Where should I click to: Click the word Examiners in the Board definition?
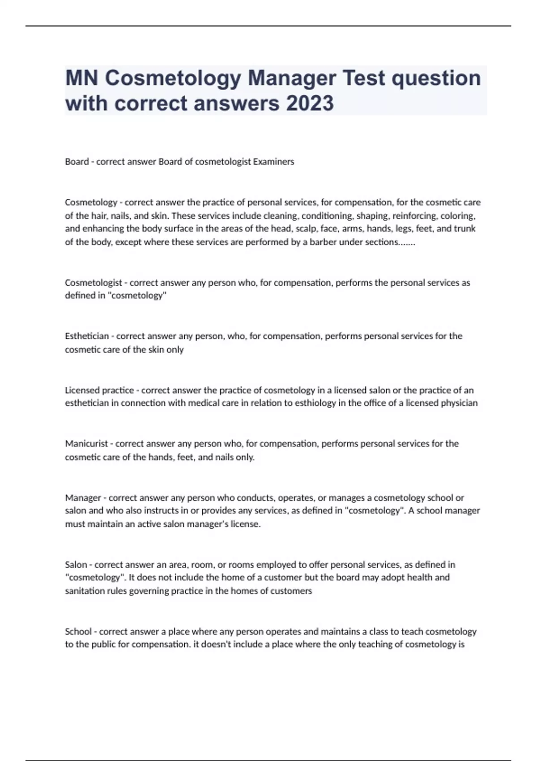pyautogui.click(x=273, y=162)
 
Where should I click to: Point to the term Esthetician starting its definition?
pyautogui.click(x=87, y=336)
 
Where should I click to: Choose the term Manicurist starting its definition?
pyautogui.click(x=86, y=444)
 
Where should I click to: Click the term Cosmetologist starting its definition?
pyautogui.click(x=93, y=282)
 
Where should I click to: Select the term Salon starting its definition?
pyautogui.click(x=76, y=564)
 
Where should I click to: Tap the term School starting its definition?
pyautogui.click(x=78, y=632)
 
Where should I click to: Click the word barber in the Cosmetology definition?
pyautogui.click(x=322, y=242)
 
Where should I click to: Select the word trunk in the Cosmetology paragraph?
pyautogui.click(x=465, y=229)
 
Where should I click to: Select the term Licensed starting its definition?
pyautogui.click(x=83, y=390)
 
